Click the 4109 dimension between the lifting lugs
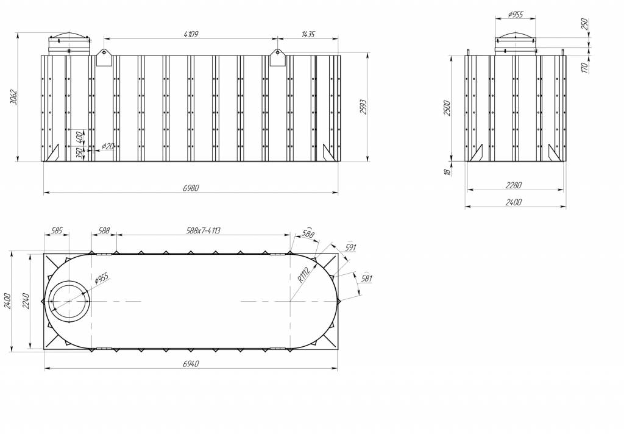(190, 34)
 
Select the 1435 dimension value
(308, 34)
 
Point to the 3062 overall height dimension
(14, 98)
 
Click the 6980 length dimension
(190, 188)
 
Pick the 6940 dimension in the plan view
(190, 364)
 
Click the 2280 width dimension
(514, 185)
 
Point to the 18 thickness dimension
(447, 173)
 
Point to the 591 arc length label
(350, 248)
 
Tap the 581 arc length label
(366, 279)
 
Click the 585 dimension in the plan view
(57, 231)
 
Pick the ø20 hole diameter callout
(107, 146)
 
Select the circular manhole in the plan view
(69, 301)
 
